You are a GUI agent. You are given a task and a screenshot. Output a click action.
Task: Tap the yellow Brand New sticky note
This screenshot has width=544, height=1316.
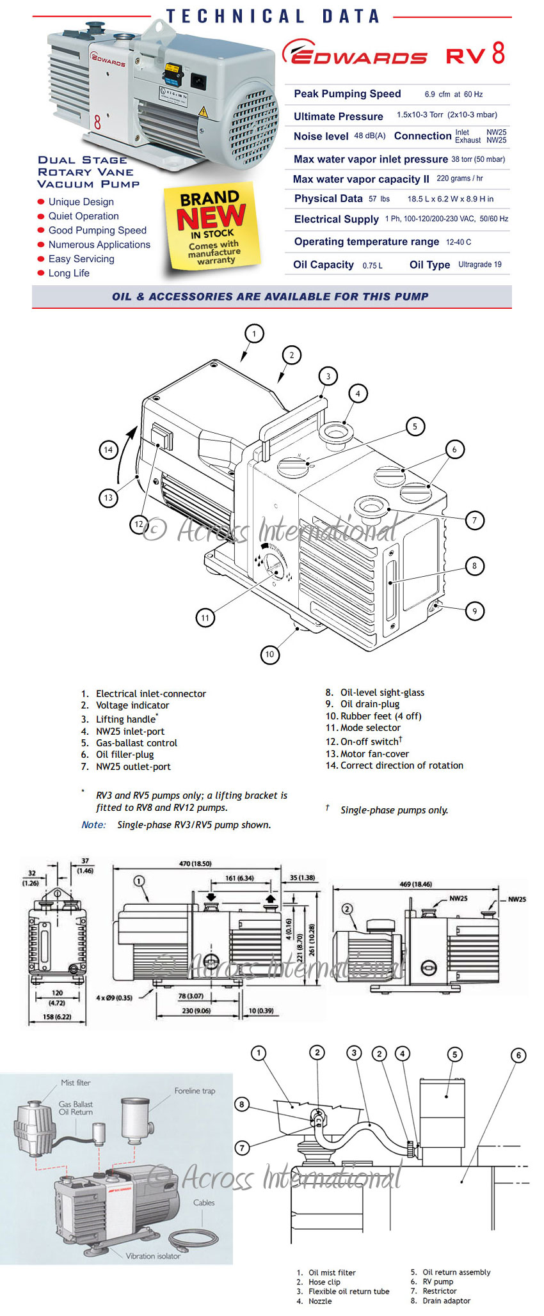[212, 228]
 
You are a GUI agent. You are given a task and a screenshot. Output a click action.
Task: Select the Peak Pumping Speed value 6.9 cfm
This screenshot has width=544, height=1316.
[453, 95]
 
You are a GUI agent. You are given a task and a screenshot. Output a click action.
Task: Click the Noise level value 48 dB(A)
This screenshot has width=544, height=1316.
[370, 136]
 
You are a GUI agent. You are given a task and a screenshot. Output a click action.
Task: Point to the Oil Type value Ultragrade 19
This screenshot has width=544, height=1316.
[479, 265]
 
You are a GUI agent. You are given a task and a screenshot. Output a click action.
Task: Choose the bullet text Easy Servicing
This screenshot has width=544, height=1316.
[81, 259]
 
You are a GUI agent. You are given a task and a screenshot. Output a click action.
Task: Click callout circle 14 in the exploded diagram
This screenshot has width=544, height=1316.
[108, 450]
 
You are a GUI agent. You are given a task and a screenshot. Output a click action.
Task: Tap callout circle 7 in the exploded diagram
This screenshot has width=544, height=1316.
[474, 520]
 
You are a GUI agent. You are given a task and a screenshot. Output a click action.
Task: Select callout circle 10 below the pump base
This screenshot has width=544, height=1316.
[269, 654]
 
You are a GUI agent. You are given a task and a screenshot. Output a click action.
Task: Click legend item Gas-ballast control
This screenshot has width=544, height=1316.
[136, 743]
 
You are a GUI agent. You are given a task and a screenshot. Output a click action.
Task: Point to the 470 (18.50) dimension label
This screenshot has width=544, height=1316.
[195, 863]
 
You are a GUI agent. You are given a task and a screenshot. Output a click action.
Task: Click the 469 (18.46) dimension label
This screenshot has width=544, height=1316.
[415, 884]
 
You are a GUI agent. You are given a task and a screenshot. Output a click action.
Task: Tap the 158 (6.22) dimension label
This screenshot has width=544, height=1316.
[57, 1017]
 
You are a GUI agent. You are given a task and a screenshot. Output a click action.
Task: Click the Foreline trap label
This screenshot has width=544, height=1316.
[195, 1091]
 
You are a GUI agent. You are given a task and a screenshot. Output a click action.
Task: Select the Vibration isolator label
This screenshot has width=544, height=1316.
[153, 1256]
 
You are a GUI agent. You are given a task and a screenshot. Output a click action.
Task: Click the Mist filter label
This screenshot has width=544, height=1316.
[76, 1083]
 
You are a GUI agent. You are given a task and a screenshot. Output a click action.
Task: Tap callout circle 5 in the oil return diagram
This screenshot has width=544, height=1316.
[454, 1054]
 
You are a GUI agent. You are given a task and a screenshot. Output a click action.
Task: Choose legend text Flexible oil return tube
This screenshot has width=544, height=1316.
[349, 1291]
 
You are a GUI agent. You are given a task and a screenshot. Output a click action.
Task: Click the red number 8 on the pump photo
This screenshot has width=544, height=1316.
[97, 121]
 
